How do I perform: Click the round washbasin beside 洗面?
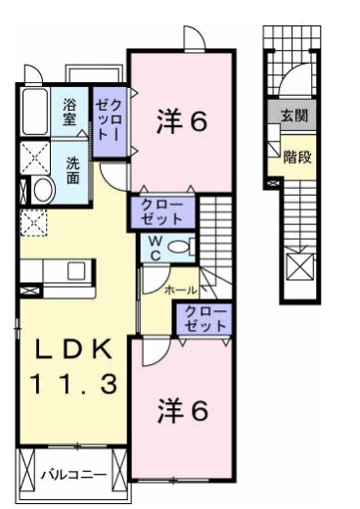pos(42,190)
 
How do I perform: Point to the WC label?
pos(154,250)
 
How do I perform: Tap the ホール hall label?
pos(181,291)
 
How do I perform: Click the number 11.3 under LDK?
pos(69,385)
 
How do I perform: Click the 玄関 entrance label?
pos(292,116)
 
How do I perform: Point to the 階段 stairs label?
pos(297,157)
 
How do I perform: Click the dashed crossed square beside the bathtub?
pos(36,157)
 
